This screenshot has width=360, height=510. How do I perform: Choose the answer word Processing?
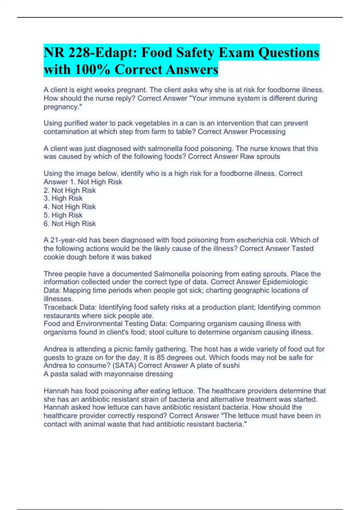point(268,132)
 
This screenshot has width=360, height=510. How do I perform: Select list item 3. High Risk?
point(63,198)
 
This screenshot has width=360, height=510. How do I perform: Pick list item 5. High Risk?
point(63,215)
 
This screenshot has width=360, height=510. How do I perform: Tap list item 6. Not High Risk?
point(70,223)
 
